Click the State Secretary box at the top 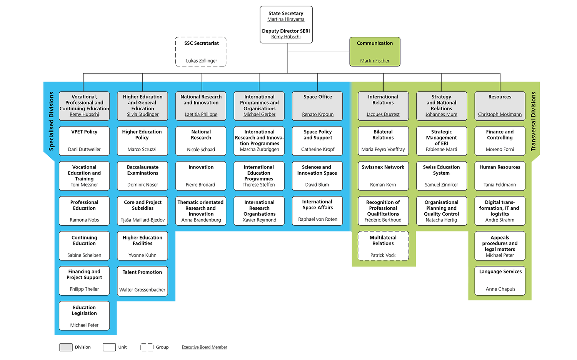286,25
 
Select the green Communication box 375,52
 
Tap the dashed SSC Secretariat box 201,52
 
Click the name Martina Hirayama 286,19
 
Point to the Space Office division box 317,106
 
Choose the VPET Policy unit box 84,141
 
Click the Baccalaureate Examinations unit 142,176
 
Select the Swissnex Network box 383,176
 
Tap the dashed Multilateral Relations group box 383,246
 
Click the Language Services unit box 500,281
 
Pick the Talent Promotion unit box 142,281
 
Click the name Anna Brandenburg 201,220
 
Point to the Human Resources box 500,176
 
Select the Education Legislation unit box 84,316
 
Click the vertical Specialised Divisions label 52,121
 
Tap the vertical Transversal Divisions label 533,121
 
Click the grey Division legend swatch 66,347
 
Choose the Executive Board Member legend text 204,347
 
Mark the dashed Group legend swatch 147,347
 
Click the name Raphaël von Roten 317,220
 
